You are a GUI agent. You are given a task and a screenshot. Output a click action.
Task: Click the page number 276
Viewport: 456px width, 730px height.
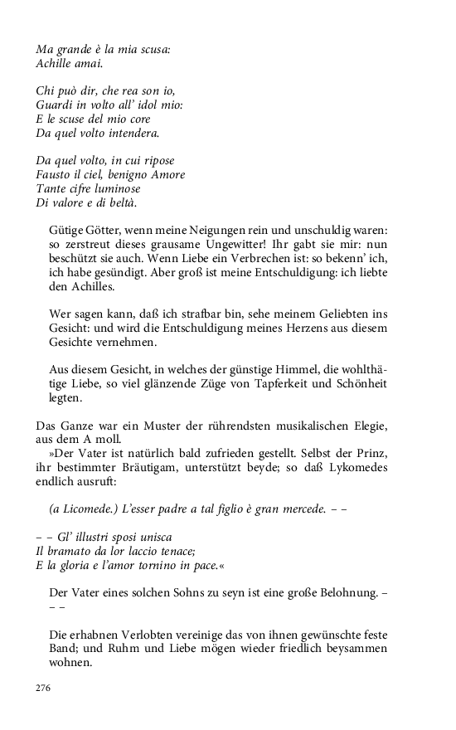[43, 689]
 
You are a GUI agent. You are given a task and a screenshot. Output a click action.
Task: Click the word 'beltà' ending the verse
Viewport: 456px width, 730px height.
[121, 202]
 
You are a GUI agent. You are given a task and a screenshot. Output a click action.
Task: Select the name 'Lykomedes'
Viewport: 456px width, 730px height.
[358, 467]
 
